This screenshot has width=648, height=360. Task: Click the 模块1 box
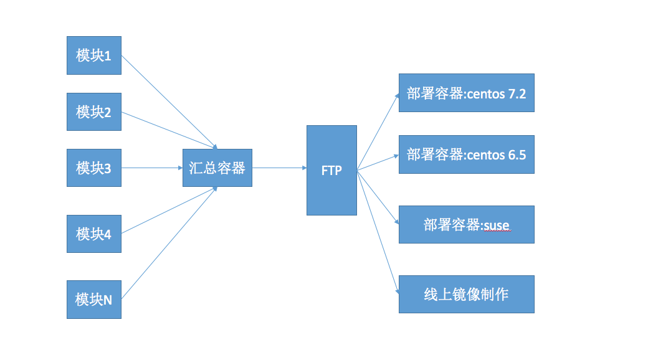94,55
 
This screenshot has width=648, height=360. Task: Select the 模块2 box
94,112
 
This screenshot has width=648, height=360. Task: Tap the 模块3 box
94,168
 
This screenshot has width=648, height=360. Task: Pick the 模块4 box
94,234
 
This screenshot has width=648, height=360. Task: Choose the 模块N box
94,300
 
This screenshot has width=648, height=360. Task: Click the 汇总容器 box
217,168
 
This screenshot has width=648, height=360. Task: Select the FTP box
331,170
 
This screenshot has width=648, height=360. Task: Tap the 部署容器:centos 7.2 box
466,93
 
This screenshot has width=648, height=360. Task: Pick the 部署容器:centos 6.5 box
466,154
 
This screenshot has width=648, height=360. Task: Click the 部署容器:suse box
466,224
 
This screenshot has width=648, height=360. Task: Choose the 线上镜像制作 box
466,294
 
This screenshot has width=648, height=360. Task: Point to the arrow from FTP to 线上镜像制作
378,230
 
